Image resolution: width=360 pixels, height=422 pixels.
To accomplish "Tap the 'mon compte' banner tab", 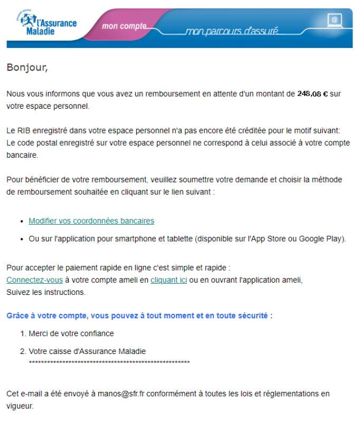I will [124, 26].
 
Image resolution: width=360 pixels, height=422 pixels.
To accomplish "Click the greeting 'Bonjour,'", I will [27, 68].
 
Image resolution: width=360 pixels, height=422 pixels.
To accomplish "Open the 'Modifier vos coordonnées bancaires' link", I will [91, 220].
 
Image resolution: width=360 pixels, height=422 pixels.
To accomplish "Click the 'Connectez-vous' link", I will [34, 280].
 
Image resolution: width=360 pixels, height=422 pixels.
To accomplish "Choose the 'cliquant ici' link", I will [168, 280].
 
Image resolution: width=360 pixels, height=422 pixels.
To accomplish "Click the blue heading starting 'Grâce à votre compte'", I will [139, 315].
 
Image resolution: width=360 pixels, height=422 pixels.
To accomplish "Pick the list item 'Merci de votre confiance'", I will [71, 333].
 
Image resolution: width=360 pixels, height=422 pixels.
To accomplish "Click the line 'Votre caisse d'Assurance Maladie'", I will [87, 351].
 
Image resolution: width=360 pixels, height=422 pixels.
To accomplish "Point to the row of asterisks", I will [109, 362].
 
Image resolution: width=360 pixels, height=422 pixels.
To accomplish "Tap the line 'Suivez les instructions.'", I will [46, 292].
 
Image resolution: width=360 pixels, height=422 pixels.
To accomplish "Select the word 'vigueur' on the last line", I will [20, 406].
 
